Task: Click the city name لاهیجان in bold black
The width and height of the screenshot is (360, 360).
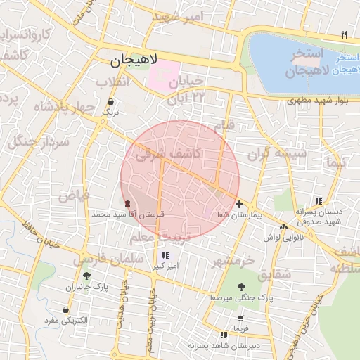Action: click(x=136, y=61)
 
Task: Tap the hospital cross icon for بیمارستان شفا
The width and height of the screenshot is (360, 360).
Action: click(x=240, y=203)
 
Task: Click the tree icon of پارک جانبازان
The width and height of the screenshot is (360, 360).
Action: click(x=86, y=276)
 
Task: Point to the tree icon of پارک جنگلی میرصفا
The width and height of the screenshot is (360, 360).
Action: click(x=242, y=286)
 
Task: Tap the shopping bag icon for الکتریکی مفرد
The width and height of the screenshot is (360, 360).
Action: click(x=66, y=309)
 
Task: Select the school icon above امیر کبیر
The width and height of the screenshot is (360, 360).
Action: click(x=165, y=255)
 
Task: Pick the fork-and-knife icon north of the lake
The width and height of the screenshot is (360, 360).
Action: click(x=344, y=34)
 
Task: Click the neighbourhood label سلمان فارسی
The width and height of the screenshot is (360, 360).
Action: click(x=101, y=259)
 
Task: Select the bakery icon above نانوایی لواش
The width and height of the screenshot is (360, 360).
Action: click(x=283, y=226)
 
